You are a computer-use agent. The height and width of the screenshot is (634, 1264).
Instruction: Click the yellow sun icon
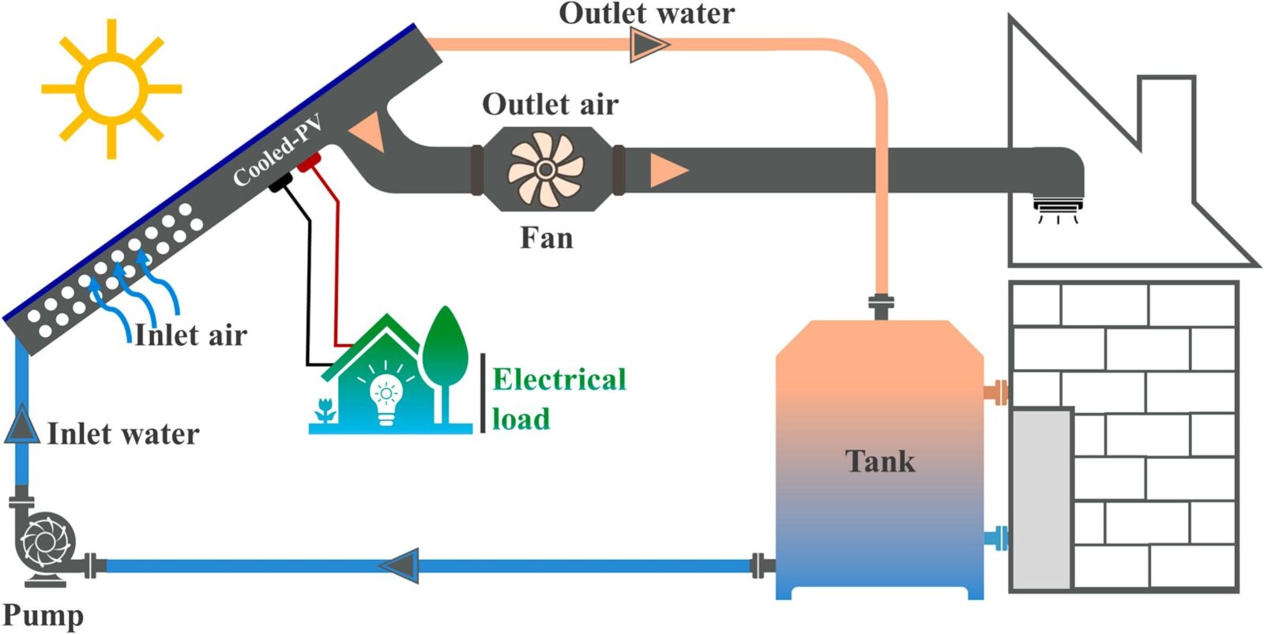(x=111, y=88)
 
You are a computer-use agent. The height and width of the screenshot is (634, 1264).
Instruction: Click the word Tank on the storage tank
(x=879, y=461)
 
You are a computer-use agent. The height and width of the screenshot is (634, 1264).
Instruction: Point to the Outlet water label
(x=646, y=13)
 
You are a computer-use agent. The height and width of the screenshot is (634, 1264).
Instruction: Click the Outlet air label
(x=550, y=104)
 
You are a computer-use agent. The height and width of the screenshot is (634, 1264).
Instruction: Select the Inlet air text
(x=190, y=336)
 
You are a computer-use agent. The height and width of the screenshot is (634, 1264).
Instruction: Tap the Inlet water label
(x=123, y=434)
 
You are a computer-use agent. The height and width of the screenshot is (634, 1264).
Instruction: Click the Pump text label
(x=43, y=616)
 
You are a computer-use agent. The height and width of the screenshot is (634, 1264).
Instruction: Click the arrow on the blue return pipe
(x=400, y=565)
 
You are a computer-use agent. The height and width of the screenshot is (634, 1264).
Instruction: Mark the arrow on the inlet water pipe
(x=21, y=425)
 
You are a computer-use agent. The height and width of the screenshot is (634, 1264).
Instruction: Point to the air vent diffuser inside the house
(x=1058, y=208)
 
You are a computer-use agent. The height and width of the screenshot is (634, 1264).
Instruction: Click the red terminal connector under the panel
(x=308, y=163)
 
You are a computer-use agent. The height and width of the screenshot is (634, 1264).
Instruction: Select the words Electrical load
(x=558, y=399)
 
